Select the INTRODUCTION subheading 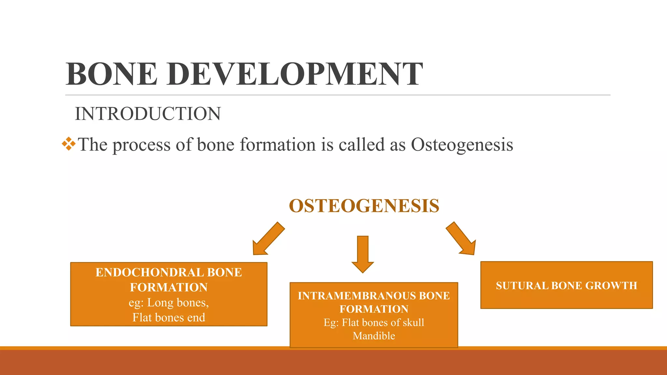point(148,114)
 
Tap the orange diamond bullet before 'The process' point(69,144)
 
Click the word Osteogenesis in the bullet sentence point(462,145)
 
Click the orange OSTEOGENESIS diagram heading point(364,206)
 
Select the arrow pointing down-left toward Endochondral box point(268,239)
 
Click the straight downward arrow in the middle point(362,254)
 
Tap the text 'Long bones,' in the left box point(178,302)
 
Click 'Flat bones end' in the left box point(169,317)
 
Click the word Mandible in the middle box point(374,336)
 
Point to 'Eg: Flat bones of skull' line point(374,322)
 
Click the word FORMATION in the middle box point(374,309)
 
